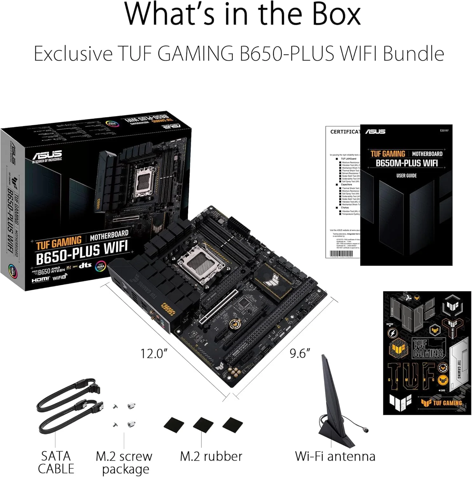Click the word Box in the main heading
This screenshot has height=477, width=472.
tap(336, 14)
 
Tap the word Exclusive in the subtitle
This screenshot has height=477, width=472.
tap(73, 53)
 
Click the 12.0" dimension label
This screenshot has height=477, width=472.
tap(154, 353)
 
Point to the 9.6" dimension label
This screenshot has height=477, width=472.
tap(300, 353)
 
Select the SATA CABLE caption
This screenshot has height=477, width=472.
tap(56, 462)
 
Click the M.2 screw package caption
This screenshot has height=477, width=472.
tap(124, 463)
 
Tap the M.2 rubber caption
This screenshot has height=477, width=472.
tap(211, 456)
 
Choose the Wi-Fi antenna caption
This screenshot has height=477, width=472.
tap(335, 456)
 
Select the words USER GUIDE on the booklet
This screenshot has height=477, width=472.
tap(406, 176)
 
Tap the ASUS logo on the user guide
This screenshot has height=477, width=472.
tap(375, 131)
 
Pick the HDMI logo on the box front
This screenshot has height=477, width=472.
tap(40, 280)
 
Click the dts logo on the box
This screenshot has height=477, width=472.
tap(85, 265)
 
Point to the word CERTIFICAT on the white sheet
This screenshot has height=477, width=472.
tap(345, 132)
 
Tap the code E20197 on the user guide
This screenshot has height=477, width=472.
tap(444, 130)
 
